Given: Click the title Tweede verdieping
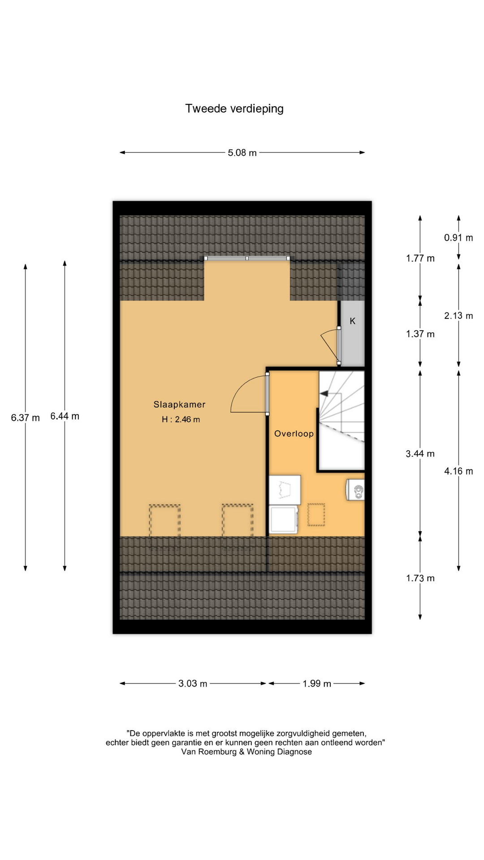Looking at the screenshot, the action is pyautogui.click(x=234, y=109).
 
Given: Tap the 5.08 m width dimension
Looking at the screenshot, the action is pyautogui.click(x=242, y=153).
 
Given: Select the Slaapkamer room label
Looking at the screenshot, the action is pyautogui.click(x=179, y=404).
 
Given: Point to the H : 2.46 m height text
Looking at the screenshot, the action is pyautogui.click(x=181, y=420).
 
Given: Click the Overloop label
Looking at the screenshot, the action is pyautogui.click(x=294, y=434).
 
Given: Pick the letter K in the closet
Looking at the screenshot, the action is pyautogui.click(x=353, y=321).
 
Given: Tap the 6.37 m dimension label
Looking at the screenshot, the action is pyautogui.click(x=26, y=418).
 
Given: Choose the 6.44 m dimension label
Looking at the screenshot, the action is pyautogui.click(x=65, y=416).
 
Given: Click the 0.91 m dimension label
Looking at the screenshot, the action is pyautogui.click(x=458, y=238).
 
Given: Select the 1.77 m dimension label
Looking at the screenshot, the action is pyautogui.click(x=420, y=258).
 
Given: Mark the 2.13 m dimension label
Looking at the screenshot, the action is pyautogui.click(x=458, y=316).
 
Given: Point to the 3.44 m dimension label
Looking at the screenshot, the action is pyautogui.click(x=420, y=454).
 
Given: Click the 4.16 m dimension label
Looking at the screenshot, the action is pyautogui.click(x=458, y=471).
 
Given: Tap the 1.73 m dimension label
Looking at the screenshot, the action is pyautogui.click(x=420, y=578).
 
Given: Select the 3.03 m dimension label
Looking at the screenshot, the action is pyautogui.click(x=193, y=684).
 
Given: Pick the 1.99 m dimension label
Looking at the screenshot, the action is pyautogui.click(x=317, y=684).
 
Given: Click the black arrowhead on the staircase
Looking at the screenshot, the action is pyautogui.click(x=323, y=394).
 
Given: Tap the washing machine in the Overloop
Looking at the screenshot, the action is pyautogui.click(x=284, y=519).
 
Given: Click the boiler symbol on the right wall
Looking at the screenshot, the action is pyautogui.click(x=355, y=490).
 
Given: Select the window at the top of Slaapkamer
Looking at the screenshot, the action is pyautogui.click(x=247, y=258).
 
